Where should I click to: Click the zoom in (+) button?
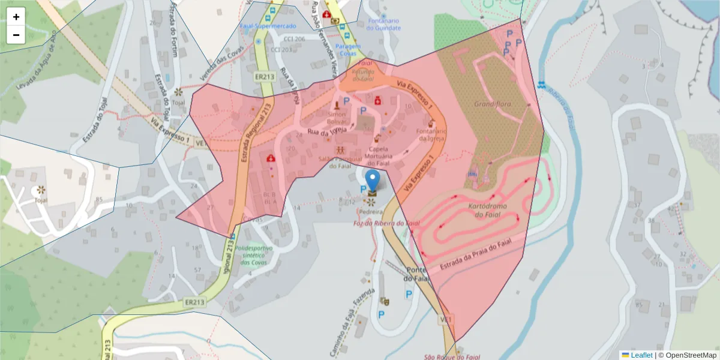click(x=16, y=17)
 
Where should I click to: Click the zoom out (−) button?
click(x=16, y=35)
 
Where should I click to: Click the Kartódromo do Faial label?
click(x=488, y=211)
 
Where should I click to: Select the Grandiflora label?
click(x=493, y=104)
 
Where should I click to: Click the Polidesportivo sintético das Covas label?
click(x=254, y=254)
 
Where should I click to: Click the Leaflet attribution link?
click(x=641, y=355)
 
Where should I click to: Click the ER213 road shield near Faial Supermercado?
click(x=264, y=77)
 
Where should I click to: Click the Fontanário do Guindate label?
click(x=383, y=24)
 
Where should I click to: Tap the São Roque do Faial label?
click(x=452, y=356)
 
